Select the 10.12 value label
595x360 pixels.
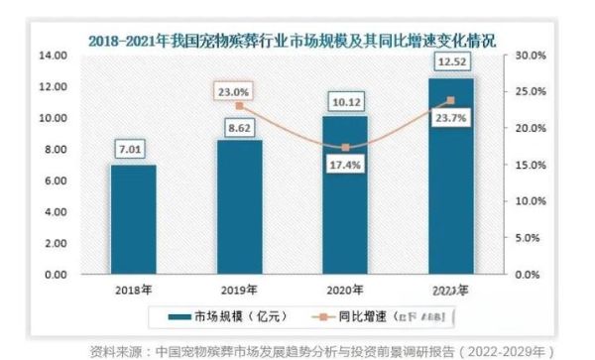(x=344, y=102)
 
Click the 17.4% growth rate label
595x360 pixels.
(x=344, y=165)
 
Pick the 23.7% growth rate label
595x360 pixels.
(x=451, y=115)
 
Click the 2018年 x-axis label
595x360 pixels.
(x=133, y=289)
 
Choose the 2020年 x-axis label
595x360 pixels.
(x=344, y=289)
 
